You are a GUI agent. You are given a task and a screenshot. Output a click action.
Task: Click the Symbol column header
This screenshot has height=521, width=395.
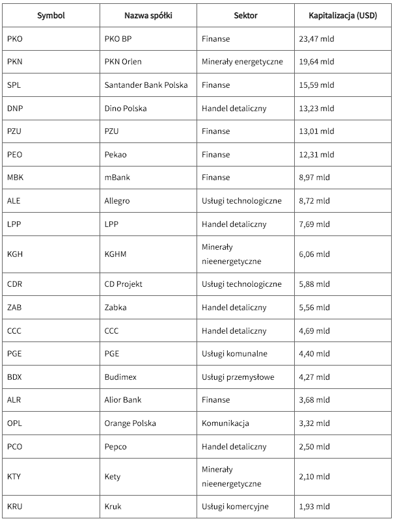tap(51, 16)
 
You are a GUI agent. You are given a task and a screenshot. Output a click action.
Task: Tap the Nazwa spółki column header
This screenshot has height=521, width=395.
tap(147, 16)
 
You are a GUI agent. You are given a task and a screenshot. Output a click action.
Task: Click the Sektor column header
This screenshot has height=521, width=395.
tap(245, 16)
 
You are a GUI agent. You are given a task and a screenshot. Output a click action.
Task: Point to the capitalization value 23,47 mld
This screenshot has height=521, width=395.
tap(316, 39)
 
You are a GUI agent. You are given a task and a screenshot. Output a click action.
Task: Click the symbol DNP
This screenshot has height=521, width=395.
tap(15, 109)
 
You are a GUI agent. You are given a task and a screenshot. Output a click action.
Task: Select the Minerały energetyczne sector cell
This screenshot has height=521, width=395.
tap(242, 62)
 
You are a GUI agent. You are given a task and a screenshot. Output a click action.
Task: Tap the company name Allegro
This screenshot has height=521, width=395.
tap(117, 201)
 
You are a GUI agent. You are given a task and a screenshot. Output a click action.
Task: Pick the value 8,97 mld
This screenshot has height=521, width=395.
tap(314, 178)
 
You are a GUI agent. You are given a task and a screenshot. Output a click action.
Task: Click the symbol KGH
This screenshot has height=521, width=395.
tap(15, 254)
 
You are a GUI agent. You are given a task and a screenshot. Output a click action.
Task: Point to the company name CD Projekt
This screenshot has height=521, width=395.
tap(124, 284)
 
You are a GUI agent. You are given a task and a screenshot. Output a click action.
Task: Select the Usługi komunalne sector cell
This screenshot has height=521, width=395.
tap(234, 354)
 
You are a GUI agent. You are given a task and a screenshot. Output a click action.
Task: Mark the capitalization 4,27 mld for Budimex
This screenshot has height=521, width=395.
tap(314, 377)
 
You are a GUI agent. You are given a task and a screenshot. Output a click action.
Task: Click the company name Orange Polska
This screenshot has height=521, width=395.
tap(130, 423)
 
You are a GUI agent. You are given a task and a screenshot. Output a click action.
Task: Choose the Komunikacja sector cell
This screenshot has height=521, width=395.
tap(226, 423)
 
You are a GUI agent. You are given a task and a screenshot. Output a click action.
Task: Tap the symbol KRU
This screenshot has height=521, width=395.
tap(15, 506)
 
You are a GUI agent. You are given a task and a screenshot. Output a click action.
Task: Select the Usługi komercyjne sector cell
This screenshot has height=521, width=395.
tap(235, 506)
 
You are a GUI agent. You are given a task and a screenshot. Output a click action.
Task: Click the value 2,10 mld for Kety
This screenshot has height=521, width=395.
tap(314, 477)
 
